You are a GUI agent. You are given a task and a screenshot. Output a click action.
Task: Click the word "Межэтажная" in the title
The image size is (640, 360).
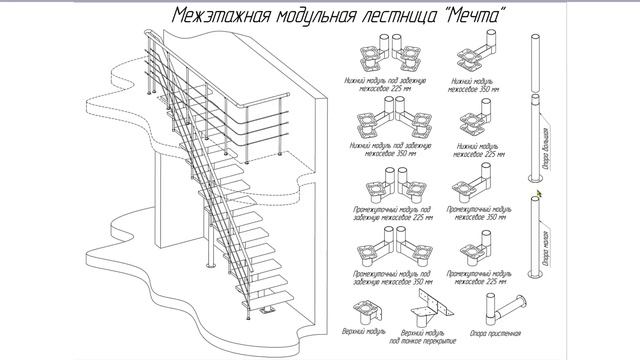218,17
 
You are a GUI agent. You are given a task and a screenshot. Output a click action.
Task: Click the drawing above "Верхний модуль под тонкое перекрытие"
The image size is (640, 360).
429,308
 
